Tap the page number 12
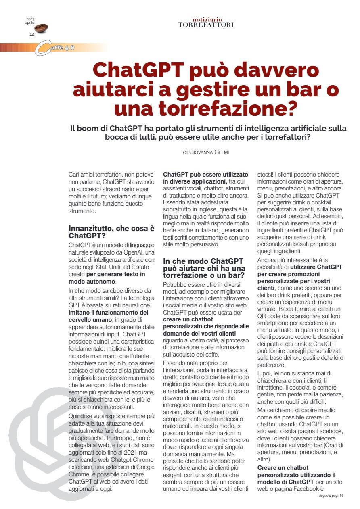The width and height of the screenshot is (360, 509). [32, 34]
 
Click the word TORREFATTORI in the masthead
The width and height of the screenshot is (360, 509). [206, 25]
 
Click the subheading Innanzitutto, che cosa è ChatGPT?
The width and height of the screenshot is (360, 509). [111, 232]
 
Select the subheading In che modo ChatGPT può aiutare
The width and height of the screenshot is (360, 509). [203, 268]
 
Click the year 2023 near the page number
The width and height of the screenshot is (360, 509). [31, 19]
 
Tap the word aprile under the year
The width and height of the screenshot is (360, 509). [30, 23]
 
